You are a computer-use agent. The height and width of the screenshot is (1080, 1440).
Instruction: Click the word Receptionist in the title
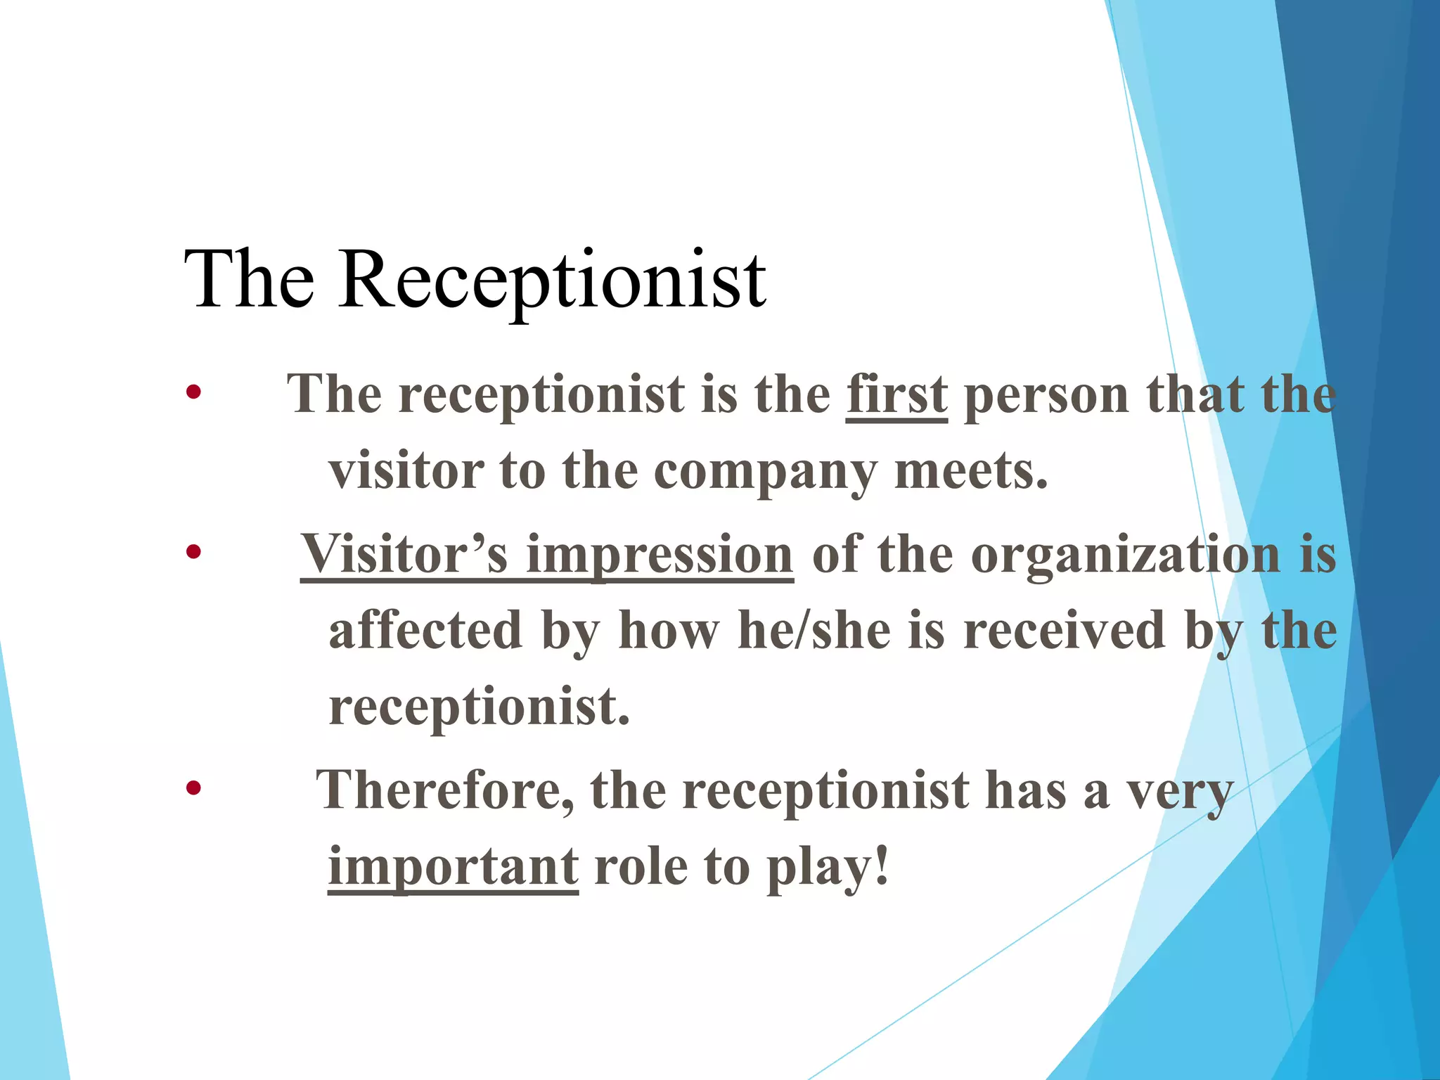click(552, 281)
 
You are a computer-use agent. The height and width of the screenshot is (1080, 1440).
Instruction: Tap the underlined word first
click(896, 395)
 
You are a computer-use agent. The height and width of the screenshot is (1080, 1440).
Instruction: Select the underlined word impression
click(660, 555)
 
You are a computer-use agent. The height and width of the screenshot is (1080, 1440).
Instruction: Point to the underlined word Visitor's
click(404, 555)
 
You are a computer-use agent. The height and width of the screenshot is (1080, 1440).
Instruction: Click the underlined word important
click(453, 867)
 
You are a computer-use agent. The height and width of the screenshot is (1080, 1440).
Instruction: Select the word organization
click(1126, 555)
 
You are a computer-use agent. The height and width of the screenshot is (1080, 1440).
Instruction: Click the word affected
click(426, 631)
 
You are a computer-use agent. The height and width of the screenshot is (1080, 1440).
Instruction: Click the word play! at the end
click(828, 867)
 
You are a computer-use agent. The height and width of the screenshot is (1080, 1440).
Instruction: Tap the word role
click(641, 867)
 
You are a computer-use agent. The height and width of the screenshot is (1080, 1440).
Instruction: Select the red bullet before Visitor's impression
click(193, 553)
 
